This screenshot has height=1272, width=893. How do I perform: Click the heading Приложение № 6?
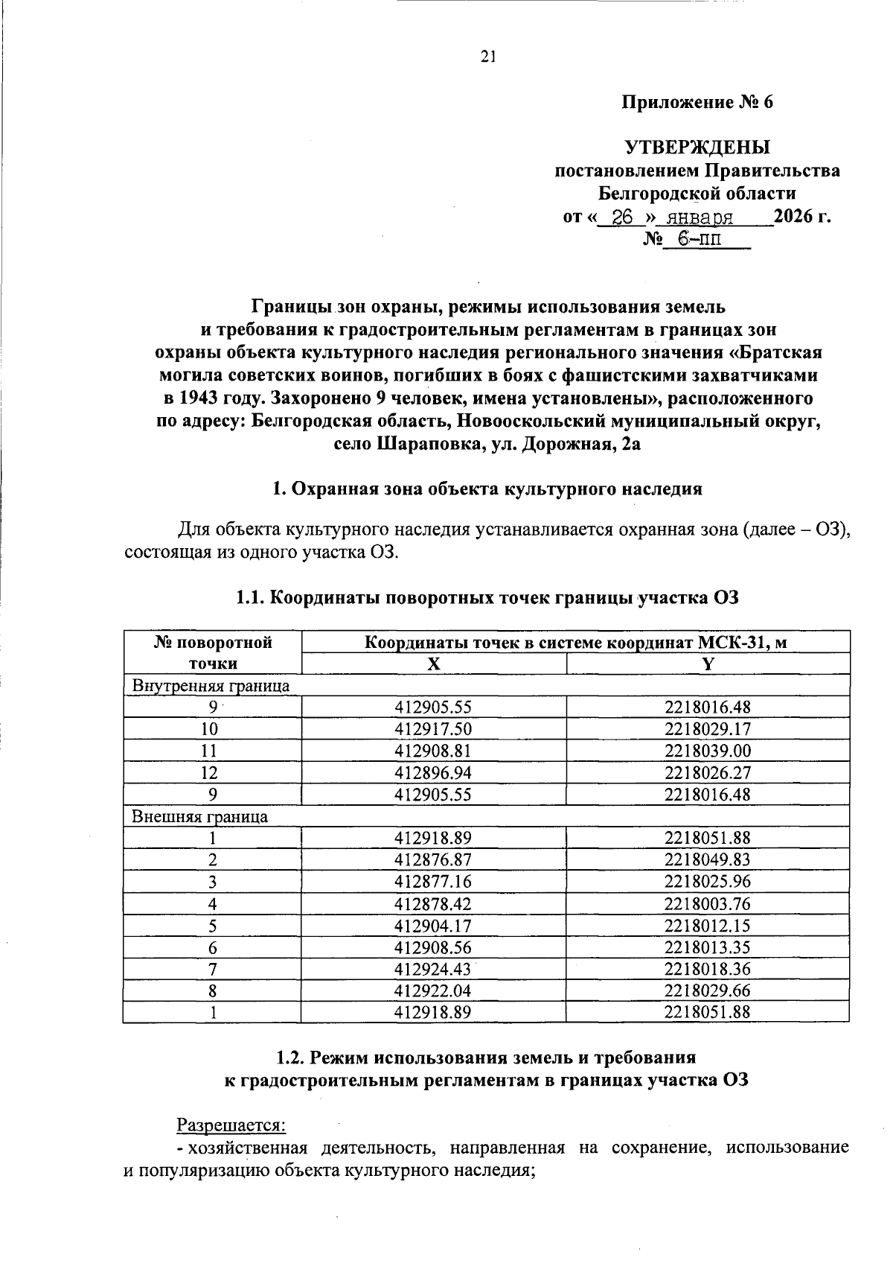coord(697,102)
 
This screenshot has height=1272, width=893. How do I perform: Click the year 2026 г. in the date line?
coord(801,217)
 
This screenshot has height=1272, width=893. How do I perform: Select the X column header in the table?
coord(433,664)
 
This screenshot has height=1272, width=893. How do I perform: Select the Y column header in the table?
coord(708,664)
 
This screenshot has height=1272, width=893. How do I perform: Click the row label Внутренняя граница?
coord(211,686)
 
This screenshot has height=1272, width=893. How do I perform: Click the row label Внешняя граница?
coord(199,816)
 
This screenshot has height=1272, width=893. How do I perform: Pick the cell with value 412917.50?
coord(433,729)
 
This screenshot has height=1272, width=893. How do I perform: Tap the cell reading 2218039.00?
coord(708,751)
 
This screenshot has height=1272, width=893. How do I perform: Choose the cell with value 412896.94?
coord(433,772)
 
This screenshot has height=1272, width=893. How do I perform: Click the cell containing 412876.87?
coord(433,859)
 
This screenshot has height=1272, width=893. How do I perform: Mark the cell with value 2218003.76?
coord(708,903)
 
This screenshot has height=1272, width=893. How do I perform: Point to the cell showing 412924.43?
coord(433,969)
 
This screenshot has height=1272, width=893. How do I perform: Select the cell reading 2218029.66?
coord(708,990)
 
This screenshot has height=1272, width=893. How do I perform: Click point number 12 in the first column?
coord(213,772)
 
